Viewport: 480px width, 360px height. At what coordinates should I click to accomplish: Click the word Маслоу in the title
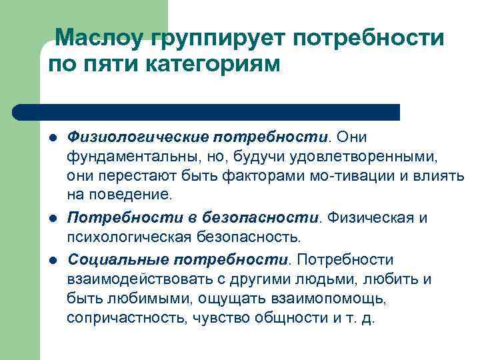(98, 39)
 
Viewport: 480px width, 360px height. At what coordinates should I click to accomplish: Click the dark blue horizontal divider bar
(207, 111)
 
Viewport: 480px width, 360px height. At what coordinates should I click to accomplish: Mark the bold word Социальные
(109, 259)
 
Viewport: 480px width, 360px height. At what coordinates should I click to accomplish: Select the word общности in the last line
(295, 319)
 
